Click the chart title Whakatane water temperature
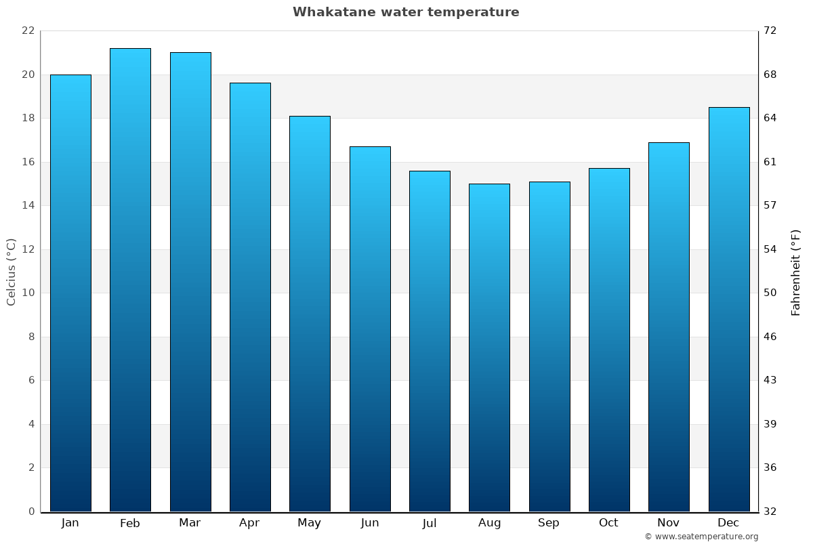406,12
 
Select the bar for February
130,280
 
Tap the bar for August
489,348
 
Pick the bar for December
729,309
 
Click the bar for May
310,314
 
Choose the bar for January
70,293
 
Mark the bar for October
609,339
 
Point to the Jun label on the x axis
370,523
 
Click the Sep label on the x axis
549,523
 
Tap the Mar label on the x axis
190,523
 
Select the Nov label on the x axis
669,523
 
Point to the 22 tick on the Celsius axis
28,31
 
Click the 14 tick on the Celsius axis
28,205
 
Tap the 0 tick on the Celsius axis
31,512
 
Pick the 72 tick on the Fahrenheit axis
770,31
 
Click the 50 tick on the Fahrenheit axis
770,293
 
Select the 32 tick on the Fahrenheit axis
770,512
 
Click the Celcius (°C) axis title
12,272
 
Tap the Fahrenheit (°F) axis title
796,272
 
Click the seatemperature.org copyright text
701,537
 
